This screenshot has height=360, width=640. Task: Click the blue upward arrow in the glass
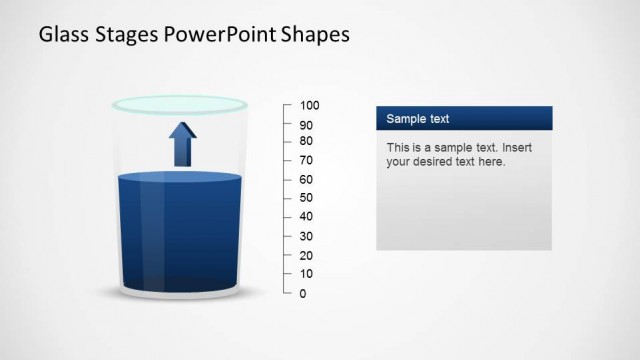point(183,144)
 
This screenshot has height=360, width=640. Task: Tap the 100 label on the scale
point(309,105)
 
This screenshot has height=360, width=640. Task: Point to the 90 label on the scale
point(306,125)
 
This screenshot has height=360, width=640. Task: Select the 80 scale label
point(306,141)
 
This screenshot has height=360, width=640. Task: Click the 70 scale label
point(306,160)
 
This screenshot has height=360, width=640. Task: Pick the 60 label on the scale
point(306,179)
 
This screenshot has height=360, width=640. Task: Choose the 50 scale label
point(306,198)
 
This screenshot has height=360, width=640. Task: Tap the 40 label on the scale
point(306,216)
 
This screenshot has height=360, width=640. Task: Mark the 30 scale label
point(306,236)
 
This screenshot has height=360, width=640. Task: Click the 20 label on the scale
point(306,255)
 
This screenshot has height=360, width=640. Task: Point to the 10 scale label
point(306,274)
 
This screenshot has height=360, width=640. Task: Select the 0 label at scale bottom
point(303,293)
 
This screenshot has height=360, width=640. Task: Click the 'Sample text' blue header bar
point(464,118)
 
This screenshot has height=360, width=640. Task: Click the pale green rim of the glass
point(180,103)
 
